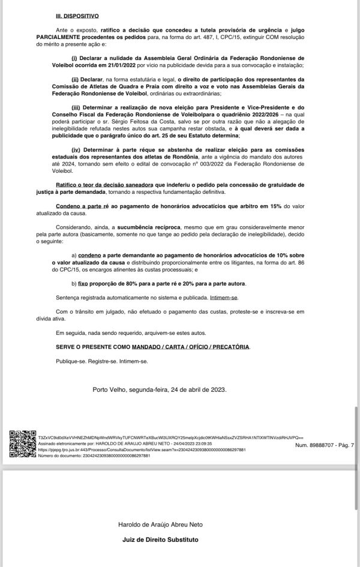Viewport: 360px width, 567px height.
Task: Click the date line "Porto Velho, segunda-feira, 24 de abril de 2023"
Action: click(159, 389)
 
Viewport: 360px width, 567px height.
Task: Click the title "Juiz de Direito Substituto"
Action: click(160, 539)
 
